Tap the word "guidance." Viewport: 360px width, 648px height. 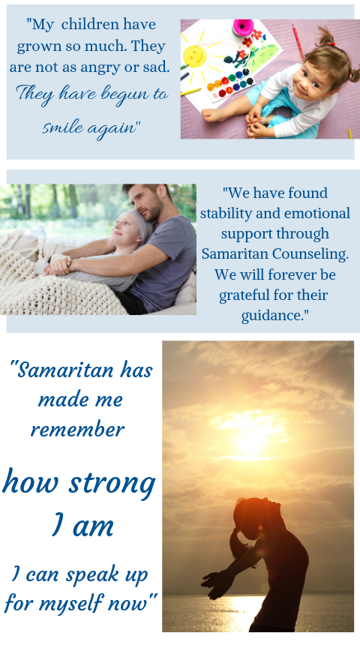click(x=274, y=315)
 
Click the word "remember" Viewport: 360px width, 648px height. click(x=78, y=430)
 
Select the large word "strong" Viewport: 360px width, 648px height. click(x=112, y=484)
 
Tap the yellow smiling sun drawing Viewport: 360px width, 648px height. click(x=194, y=55)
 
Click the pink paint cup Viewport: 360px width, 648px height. click(x=243, y=27)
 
